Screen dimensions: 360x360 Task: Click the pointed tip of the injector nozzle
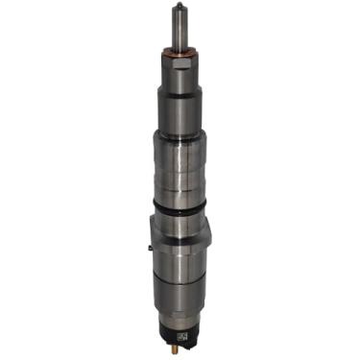point(180,7)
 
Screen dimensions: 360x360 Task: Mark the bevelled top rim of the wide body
point(180,134)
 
